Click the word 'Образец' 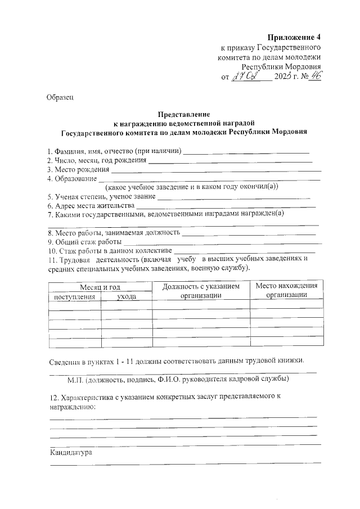click(x=60, y=98)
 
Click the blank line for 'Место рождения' click(x=217, y=170)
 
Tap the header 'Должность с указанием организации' click(x=200, y=291)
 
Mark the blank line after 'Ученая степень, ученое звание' click(x=233, y=198)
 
